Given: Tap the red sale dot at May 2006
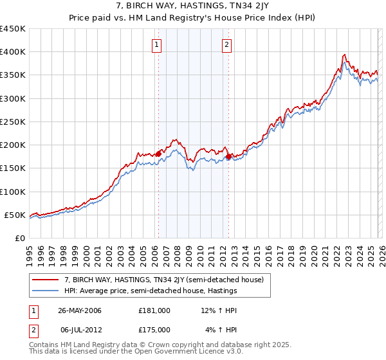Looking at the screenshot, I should pos(158,154).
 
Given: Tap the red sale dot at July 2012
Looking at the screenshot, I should pos(228,156).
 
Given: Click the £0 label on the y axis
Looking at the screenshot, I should pos(19,238).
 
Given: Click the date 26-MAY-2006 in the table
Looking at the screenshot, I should pos(79,310).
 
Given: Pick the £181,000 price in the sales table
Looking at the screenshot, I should pos(154,310).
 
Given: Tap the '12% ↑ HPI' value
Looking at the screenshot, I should pos(219,310).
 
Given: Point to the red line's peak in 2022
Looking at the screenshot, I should pos(345,55).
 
